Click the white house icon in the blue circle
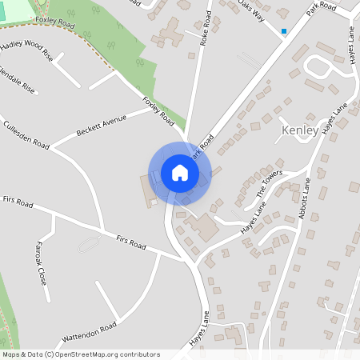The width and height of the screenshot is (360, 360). pyautogui.click(x=180, y=173)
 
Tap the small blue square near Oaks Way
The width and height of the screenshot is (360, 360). pyautogui.click(x=283, y=32)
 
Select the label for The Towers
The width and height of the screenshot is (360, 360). pyautogui.click(x=270, y=185)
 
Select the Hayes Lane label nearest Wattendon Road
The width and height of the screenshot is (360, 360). pyautogui.click(x=198, y=329)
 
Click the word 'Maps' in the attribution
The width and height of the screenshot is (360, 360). pyautogui.click(x=11, y=354)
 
